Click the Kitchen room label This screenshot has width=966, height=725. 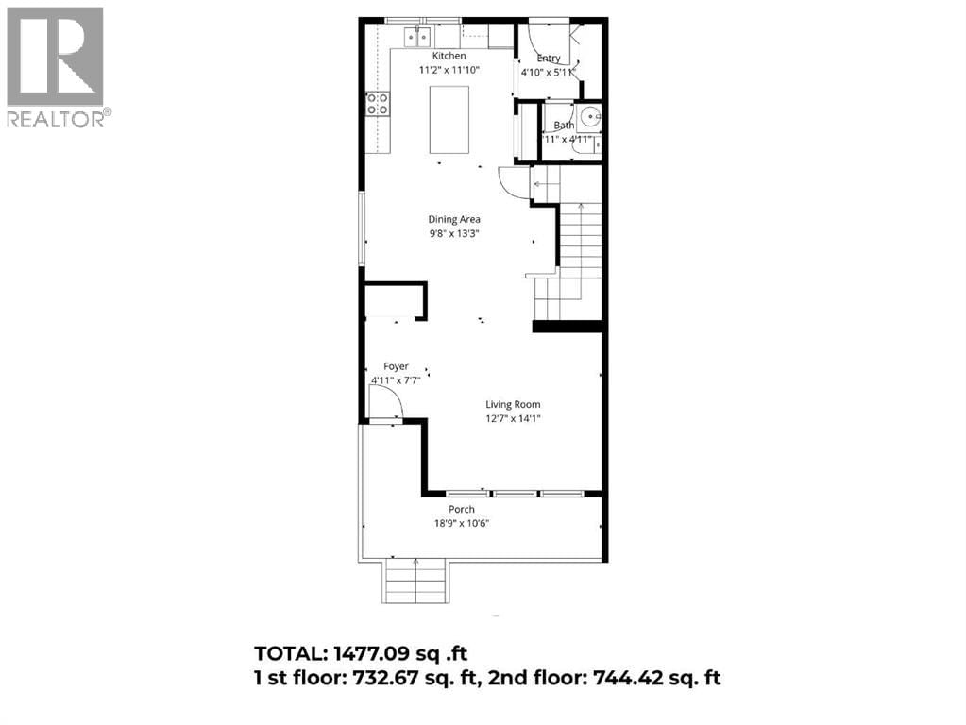pos(449,56)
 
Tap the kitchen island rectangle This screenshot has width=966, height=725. pos(449,119)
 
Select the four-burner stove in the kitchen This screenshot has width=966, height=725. pos(378,104)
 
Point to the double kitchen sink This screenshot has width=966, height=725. pos(416,37)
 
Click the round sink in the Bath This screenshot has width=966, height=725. pos(590,119)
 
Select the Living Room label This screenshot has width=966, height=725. pos(513,404)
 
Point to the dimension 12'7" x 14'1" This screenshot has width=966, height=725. pos(513,418)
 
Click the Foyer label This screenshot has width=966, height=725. pos(395,366)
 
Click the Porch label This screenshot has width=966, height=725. pos(461,510)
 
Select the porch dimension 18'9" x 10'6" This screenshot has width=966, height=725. pos(461,524)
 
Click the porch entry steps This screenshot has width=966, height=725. pos(415,580)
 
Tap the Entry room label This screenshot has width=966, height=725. pos(549,58)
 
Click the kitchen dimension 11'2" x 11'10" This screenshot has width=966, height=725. pos(449,70)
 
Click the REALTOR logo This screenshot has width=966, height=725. pos(56,66)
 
